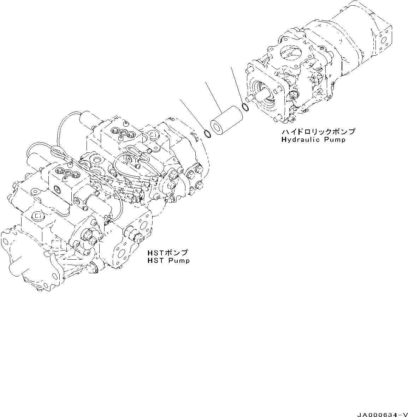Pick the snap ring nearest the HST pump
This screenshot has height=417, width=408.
point(208,134)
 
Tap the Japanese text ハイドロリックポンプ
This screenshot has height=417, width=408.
point(318,132)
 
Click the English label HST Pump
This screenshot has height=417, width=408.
point(168,261)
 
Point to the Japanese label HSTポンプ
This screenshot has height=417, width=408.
point(167,253)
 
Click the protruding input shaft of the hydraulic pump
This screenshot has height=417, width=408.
point(263,95)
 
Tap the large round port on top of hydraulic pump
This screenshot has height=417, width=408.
point(290,53)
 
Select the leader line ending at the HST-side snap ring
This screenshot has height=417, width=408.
point(193,115)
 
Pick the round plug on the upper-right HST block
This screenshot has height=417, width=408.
point(153,135)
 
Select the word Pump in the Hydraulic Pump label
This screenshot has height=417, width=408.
point(335,139)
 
